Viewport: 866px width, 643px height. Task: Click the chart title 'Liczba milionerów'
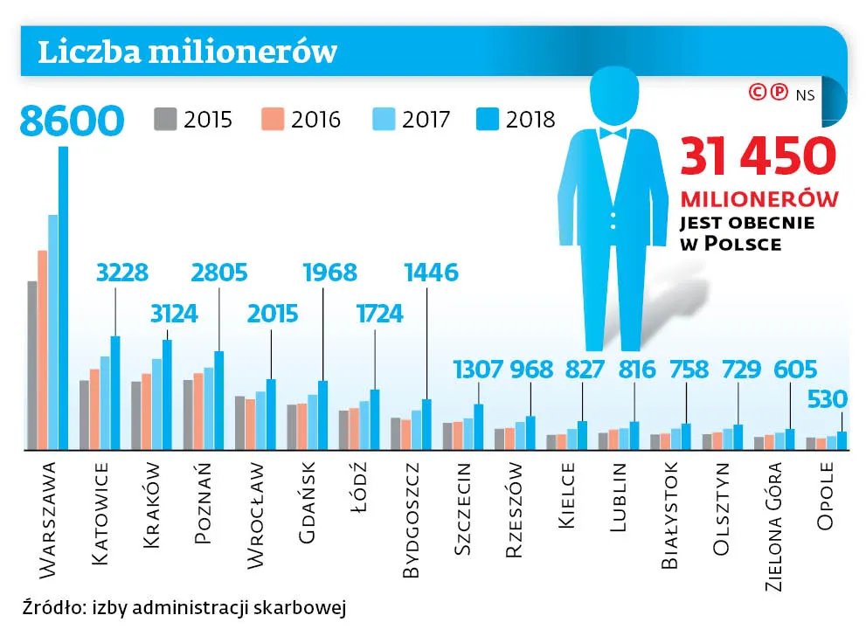187,51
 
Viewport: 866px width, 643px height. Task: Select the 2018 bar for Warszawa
63,297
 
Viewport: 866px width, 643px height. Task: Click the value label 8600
72,121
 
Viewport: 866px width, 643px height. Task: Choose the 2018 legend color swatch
488,119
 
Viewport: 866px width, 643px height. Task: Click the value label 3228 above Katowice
122,273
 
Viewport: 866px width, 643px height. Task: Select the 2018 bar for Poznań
218,399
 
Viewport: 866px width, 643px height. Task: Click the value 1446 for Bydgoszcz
431,273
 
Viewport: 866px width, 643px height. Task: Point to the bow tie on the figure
613,133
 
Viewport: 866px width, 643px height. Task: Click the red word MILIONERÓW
759,198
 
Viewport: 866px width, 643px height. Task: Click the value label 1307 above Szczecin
478,369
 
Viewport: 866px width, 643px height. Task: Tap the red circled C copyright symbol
758,91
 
